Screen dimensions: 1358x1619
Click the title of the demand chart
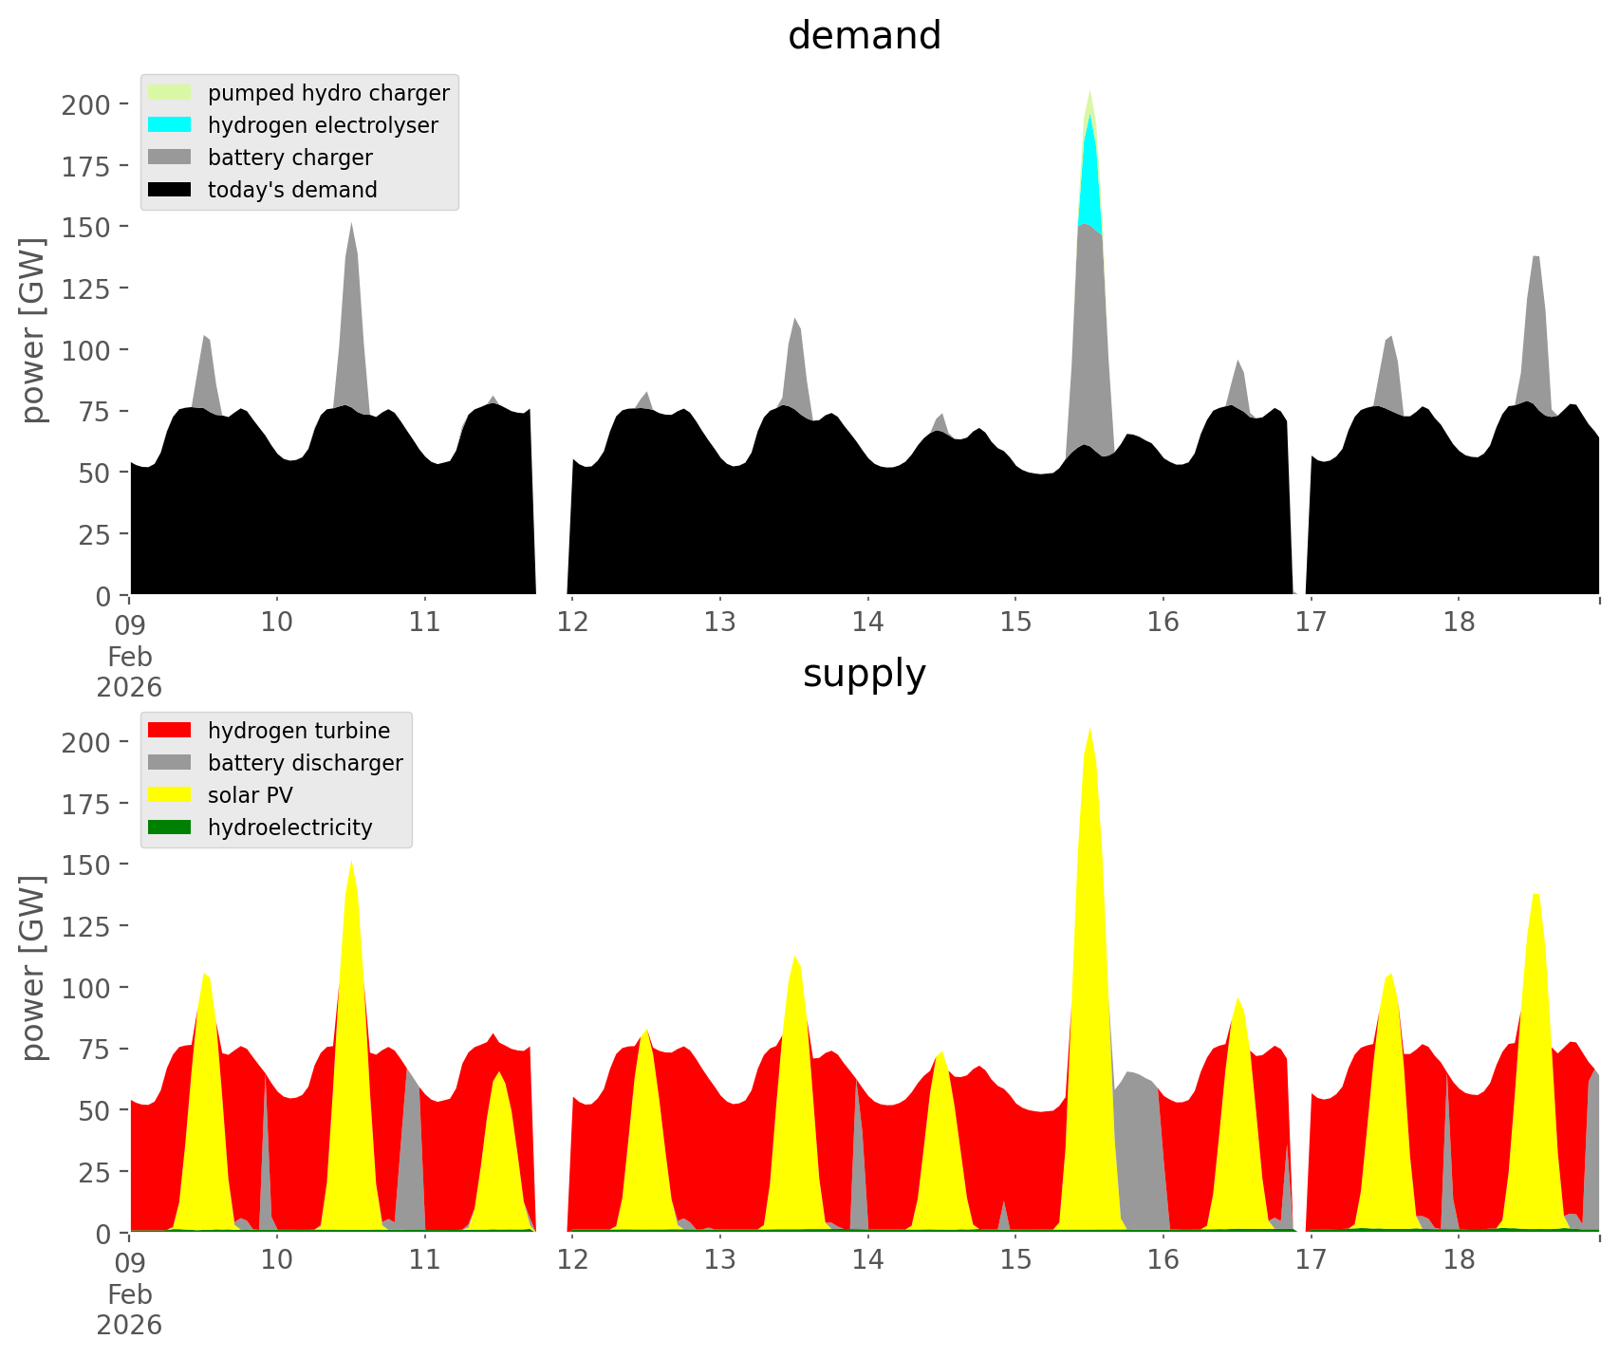click(864, 36)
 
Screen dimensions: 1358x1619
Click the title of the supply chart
click(864, 674)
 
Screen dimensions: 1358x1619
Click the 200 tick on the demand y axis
click(86, 104)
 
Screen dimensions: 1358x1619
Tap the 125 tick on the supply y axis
click(86, 926)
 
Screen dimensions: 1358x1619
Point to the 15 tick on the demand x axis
click(1015, 623)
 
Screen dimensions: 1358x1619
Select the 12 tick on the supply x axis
click(572, 1260)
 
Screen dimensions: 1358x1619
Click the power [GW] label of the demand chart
click(33, 330)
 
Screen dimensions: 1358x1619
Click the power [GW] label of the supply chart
click(33, 968)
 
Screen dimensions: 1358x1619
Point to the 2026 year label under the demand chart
click(129, 687)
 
